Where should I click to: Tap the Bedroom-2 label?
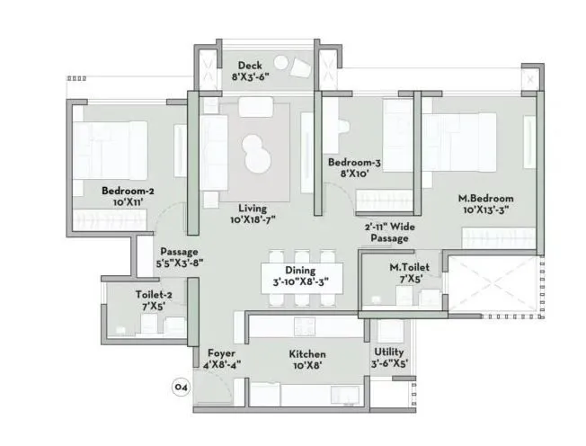click(x=128, y=191)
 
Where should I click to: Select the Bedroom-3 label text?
click(x=354, y=163)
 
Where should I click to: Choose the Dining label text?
click(x=299, y=270)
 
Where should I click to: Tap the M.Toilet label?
click(x=409, y=267)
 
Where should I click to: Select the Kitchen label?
click(x=307, y=354)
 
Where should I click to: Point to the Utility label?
click(x=389, y=352)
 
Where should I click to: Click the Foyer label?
click(x=222, y=353)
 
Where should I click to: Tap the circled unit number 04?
click(x=181, y=388)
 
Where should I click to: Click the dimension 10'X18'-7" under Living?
click(x=253, y=220)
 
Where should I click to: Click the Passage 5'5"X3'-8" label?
click(x=179, y=258)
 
